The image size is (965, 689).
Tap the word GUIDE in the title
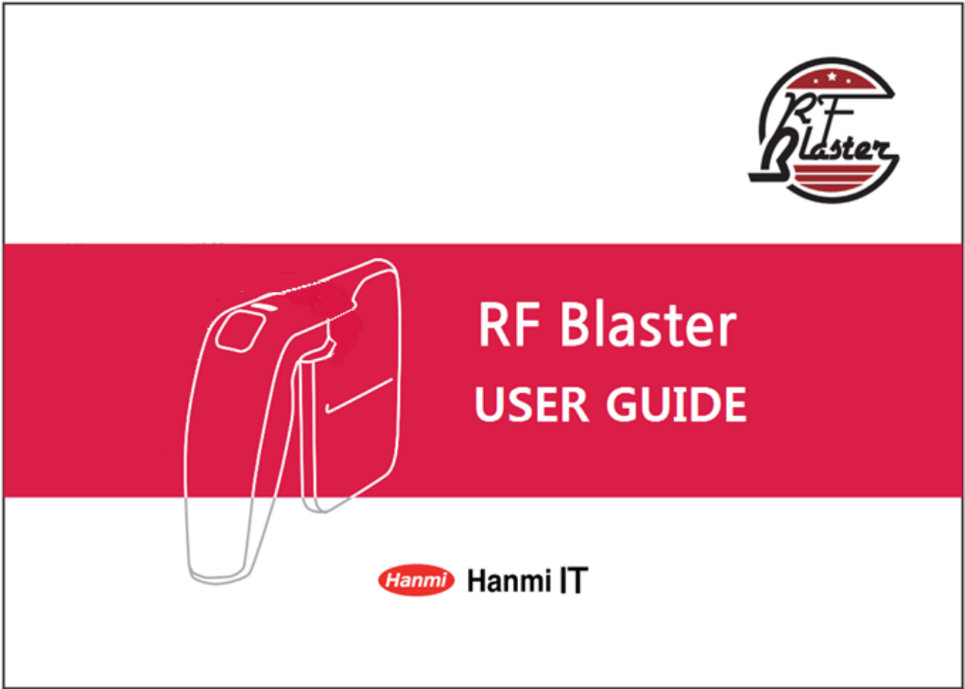(x=676, y=405)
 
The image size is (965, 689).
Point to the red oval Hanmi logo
(x=417, y=580)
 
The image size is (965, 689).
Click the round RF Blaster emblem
(x=823, y=130)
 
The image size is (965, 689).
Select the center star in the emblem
(x=832, y=77)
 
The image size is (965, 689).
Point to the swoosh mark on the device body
(x=358, y=396)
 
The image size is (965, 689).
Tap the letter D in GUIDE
(x=704, y=405)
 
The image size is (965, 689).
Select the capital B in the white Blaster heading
(x=577, y=326)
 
